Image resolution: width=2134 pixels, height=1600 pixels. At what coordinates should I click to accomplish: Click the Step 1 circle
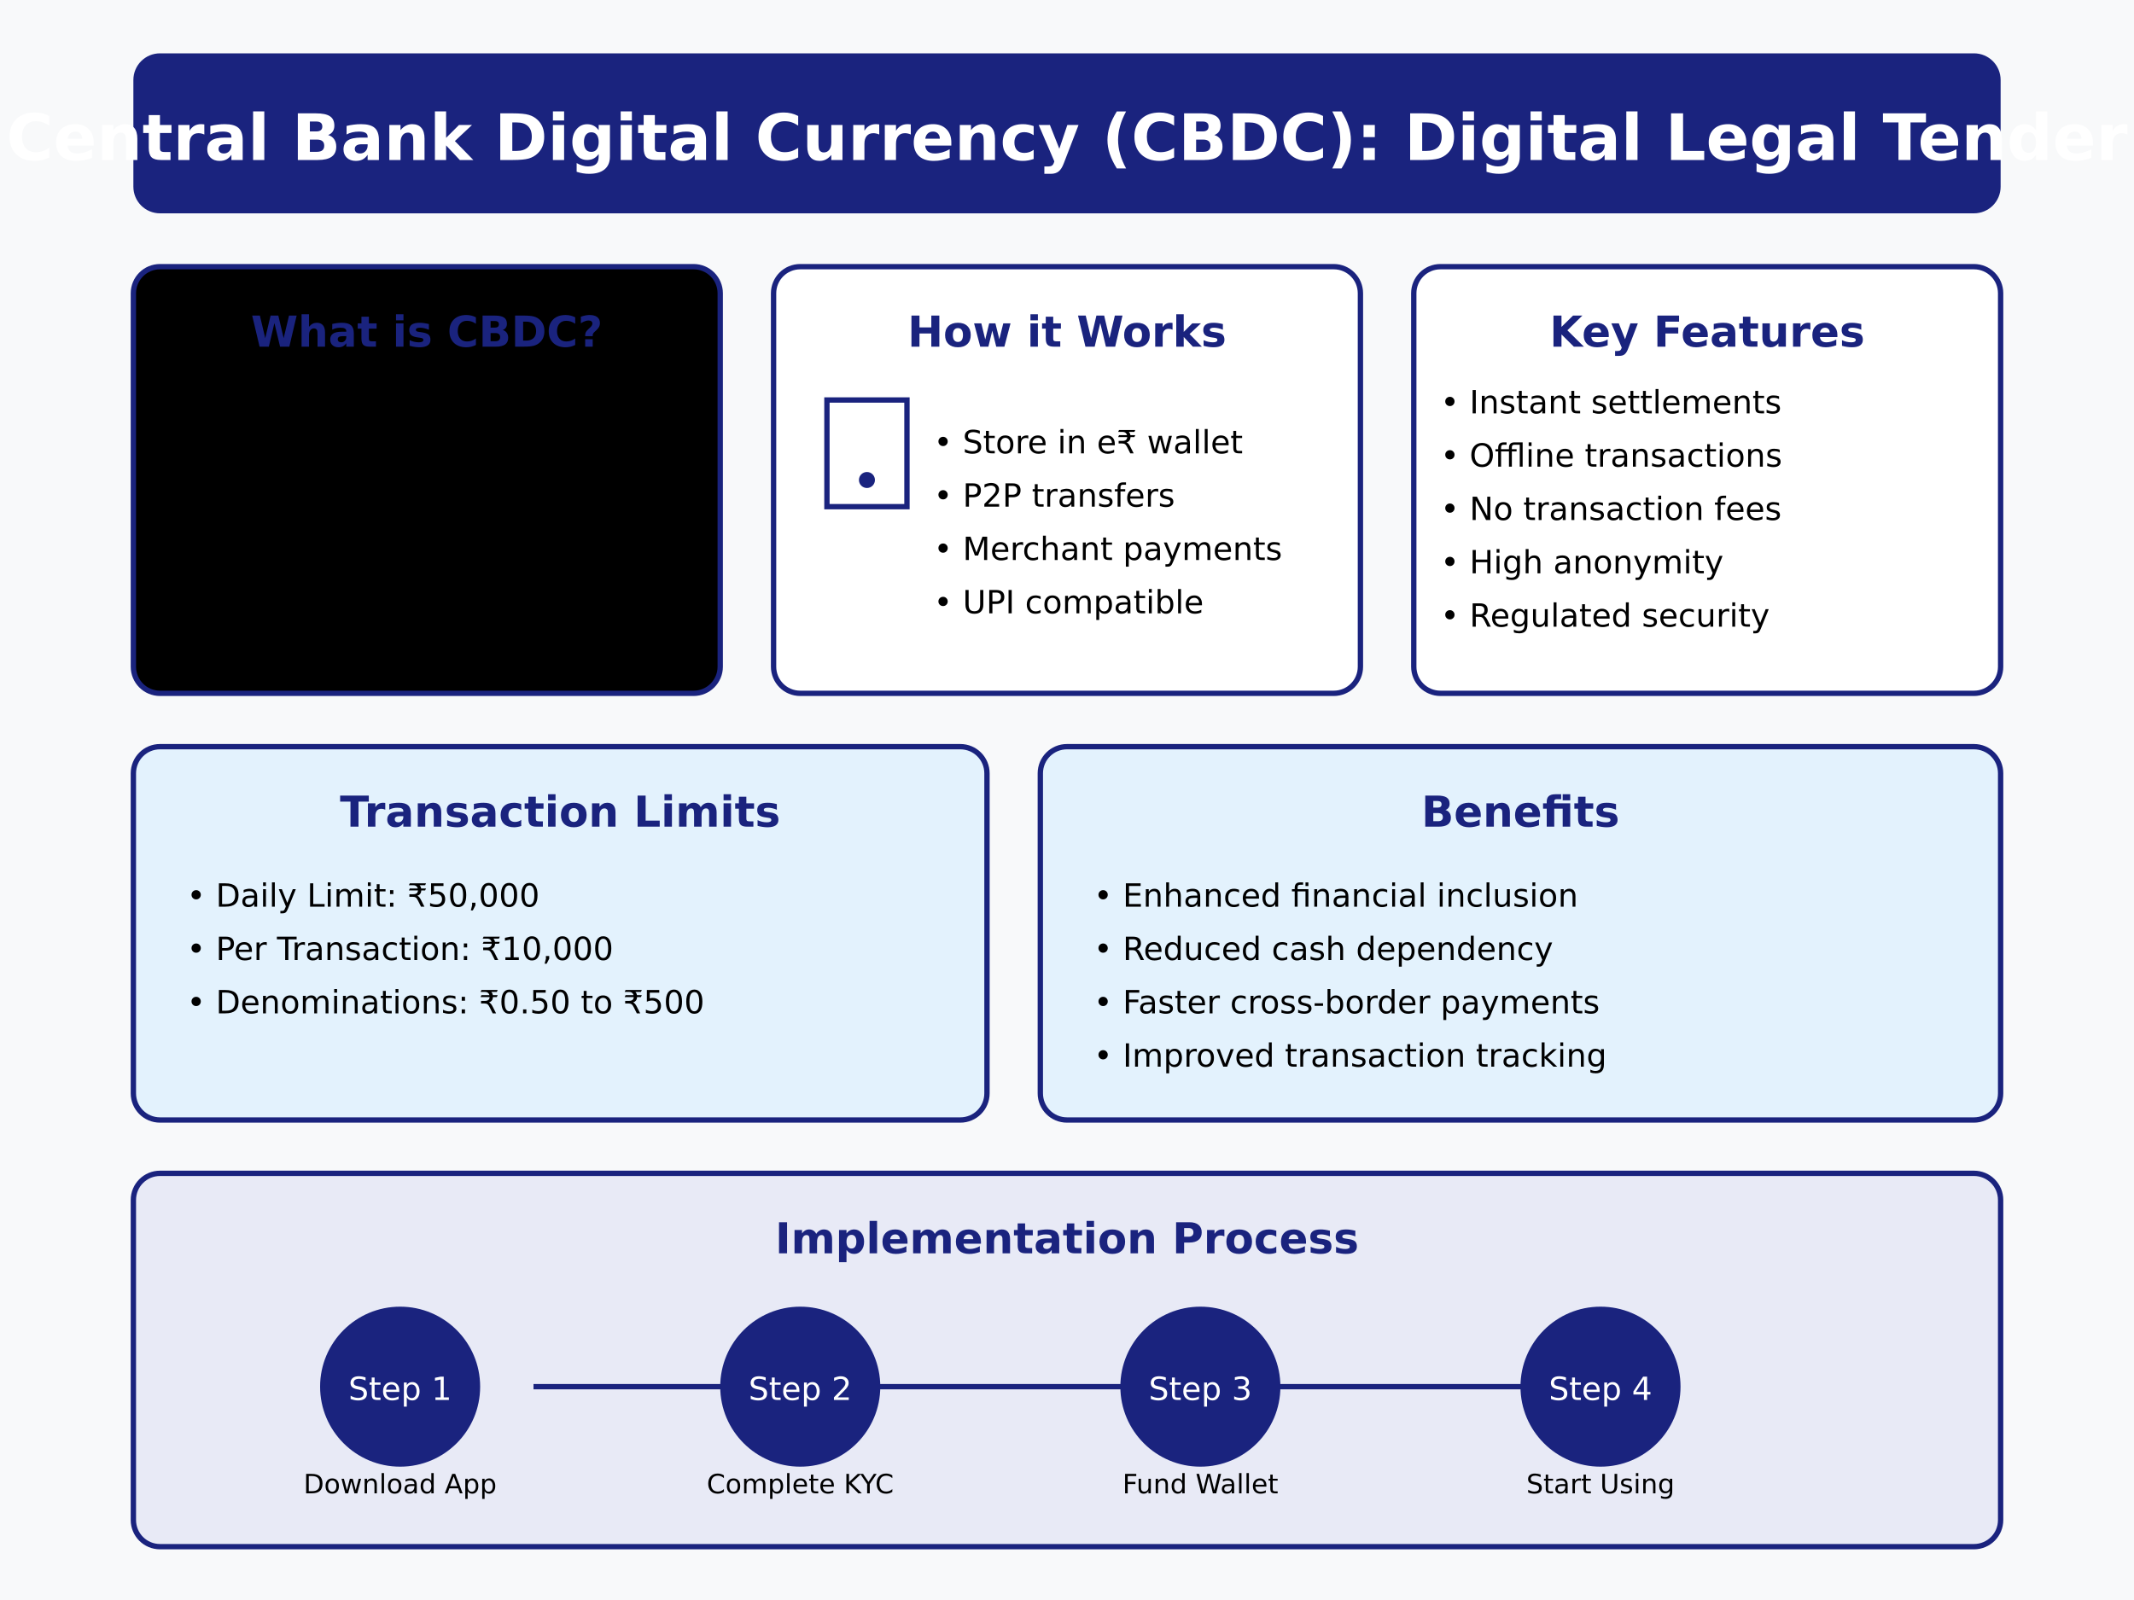coord(399,1387)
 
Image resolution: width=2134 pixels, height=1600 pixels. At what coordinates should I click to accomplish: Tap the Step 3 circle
coord(1199,1387)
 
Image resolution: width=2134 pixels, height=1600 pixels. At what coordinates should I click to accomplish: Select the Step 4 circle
coord(1600,1387)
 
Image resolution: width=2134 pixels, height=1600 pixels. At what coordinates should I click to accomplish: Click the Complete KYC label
coord(800,1484)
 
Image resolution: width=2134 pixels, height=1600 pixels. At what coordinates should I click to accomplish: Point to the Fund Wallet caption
coord(1199,1484)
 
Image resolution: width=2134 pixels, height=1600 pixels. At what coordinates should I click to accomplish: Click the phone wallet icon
coord(866,453)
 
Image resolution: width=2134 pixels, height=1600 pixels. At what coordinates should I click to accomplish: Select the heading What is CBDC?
coord(427,333)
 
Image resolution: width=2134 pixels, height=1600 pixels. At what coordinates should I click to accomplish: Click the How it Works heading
coord(1066,333)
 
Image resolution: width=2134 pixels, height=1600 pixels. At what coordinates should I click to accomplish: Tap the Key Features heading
coord(1705,333)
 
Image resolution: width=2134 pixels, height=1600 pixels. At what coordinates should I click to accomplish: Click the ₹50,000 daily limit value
coord(473,896)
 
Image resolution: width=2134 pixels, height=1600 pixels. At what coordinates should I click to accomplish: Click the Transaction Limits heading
coord(560,812)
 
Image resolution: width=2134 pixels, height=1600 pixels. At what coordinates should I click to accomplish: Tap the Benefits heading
coord(1519,812)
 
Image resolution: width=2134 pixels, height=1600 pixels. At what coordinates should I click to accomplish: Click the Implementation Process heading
coord(1066,1239)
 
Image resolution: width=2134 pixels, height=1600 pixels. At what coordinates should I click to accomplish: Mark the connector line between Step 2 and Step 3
coord(1000,1387)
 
